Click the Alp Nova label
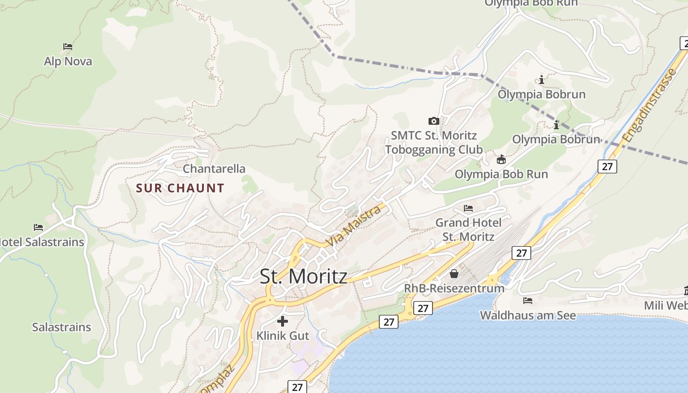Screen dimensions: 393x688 tap(68, 61)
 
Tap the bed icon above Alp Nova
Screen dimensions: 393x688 tap(68, 47)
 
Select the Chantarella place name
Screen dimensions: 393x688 tap(214, 168)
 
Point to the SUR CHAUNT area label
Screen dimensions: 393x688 tap(180, 188)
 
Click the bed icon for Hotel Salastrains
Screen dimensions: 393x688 tap(38, 227)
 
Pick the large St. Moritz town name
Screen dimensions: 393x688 tap(303, 277)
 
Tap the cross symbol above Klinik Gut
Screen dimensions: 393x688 tap(283, 321)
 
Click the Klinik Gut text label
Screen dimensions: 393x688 tap(283, 336)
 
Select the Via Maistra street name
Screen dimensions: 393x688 tap(354, 226)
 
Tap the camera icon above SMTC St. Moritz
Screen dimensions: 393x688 tap(433, 121)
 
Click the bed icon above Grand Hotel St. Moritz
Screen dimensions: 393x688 tap(468, 208)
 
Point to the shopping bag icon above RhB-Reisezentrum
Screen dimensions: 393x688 tap(454, 274)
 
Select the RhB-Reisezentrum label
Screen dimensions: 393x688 tap(454, 288)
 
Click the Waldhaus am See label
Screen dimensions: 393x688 tap(528, 315)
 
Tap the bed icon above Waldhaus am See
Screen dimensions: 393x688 tap(528, 301)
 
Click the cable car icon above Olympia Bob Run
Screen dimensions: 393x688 tap(501, 160)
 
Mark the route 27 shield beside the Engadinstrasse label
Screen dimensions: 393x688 tap(607, 167)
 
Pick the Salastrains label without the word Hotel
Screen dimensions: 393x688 tap(61, 327)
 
